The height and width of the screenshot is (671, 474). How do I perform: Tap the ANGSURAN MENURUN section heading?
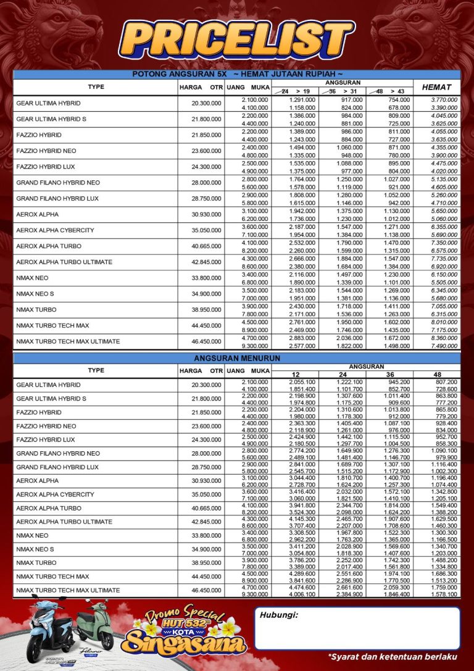[237, 358]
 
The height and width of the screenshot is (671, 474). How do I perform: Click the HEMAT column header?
[436, 88]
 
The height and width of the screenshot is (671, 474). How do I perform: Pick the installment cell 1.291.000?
[302, 99]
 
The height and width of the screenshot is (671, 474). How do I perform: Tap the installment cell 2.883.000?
[302, 338]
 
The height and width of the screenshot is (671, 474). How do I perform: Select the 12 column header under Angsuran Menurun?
[294, 375]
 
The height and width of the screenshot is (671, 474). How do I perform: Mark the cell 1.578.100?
[444, 594]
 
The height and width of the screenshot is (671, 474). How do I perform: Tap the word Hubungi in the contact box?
[279, 615]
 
